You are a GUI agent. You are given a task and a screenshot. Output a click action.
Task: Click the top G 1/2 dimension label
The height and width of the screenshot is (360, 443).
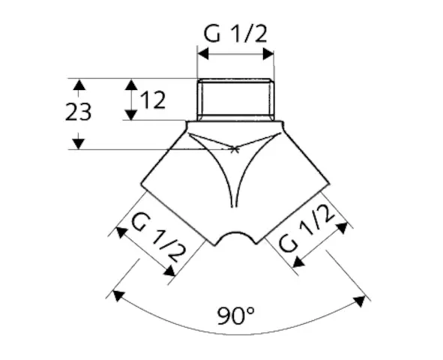(x=235, y=34)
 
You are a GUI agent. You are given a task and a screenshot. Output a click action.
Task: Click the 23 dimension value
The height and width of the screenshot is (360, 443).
(x=78, y=112)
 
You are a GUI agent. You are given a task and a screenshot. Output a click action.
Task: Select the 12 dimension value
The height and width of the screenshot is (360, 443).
(x=153, y=99)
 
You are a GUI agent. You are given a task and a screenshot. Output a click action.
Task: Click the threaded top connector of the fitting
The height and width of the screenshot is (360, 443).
(x=235, y=99)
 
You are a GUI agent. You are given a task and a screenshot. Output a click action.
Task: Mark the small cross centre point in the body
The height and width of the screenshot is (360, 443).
(x=235, y=149)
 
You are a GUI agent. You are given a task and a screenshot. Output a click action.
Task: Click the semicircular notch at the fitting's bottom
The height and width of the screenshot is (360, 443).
(x=235, y=238)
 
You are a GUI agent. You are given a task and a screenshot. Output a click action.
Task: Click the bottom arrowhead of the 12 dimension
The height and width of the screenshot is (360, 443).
(x=130, y=115)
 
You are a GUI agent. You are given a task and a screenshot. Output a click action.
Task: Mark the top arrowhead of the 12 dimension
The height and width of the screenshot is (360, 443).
(x=130, y=83)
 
